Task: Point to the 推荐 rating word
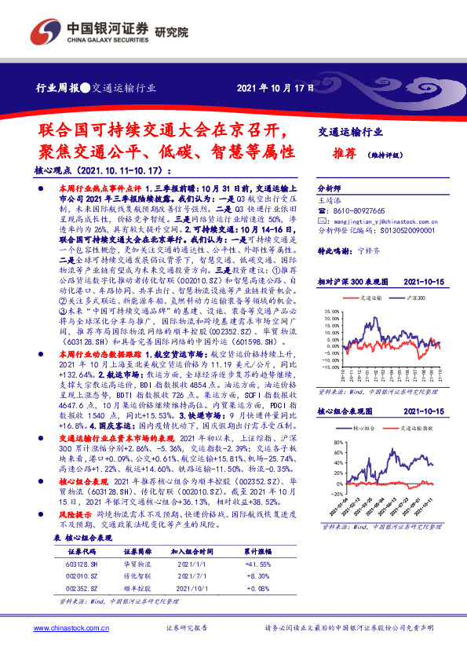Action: (x=343, y=155)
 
